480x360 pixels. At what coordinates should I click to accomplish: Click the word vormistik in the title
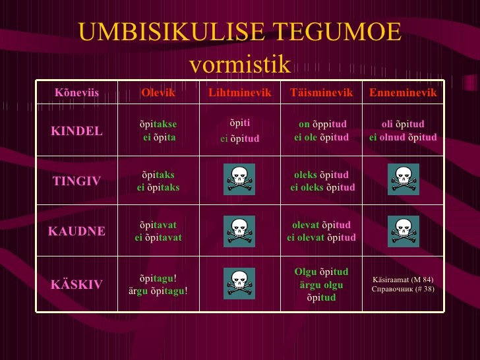coord(240,64)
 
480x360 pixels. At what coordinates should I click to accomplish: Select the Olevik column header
coord(158,92)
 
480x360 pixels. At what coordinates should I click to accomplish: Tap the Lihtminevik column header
coord(240,92)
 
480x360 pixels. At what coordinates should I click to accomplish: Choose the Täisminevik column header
coord(322,92)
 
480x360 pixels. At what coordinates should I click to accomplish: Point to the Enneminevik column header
coord(403,92)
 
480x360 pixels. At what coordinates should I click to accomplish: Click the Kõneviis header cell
coord(77,92)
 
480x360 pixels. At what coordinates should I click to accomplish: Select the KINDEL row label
coord(77,131)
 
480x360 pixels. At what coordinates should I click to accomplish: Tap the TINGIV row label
coord(77,181)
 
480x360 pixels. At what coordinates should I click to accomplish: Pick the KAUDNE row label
coord(77,231)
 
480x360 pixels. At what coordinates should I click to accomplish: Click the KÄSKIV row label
coord(77,284)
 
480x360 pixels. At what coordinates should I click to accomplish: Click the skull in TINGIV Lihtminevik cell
coord(239,179)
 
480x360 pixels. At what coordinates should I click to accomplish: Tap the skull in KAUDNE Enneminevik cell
coord(404,231)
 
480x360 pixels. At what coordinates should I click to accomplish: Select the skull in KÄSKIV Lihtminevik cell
coord(239,284)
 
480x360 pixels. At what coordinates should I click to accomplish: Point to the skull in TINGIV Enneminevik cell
coord(404,179)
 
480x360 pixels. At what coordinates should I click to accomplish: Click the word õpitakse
coord(158,124)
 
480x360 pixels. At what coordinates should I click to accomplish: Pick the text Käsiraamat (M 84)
coord(403,280)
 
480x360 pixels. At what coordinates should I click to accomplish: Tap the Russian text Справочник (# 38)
coord(403,289)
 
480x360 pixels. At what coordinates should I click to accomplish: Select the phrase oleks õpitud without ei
coord(322,175)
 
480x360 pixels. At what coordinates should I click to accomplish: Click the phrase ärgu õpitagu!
coord(158,291)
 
